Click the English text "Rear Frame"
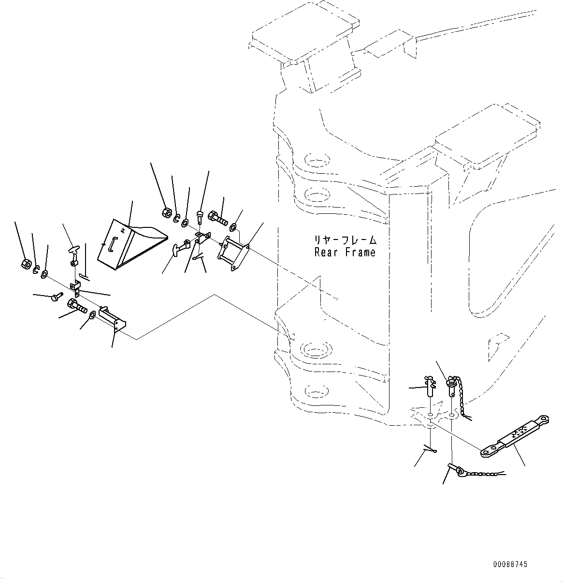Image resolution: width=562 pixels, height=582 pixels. (x=345, y=252)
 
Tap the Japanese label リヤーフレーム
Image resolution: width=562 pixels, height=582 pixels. (x=345, y=239)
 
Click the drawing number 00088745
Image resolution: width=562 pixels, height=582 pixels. (x=510, y=564)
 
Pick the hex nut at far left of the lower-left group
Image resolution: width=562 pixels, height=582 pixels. (x=27, y=264)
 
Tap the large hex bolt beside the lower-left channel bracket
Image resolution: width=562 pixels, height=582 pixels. (x=77, y=306)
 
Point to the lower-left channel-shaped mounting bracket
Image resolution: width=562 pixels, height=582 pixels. (x=112, y=318)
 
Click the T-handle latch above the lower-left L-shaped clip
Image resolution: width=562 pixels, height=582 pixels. (x=72, y=253)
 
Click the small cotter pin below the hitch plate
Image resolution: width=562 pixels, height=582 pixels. (x=429, y=451)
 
